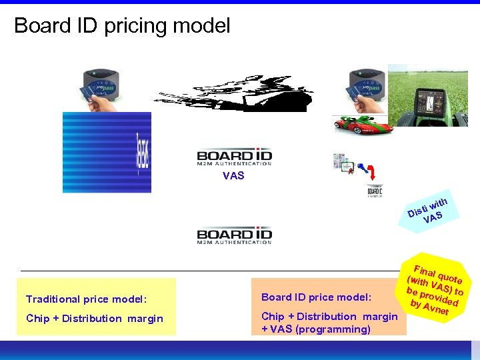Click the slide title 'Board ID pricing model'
122,26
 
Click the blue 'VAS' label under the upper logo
233,176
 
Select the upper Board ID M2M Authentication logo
234,157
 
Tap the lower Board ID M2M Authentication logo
234,236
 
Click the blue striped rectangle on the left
107,152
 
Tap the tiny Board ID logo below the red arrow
375,191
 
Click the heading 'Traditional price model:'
86,299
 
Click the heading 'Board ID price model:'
316,297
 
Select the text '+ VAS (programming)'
316,329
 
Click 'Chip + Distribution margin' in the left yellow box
95,319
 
